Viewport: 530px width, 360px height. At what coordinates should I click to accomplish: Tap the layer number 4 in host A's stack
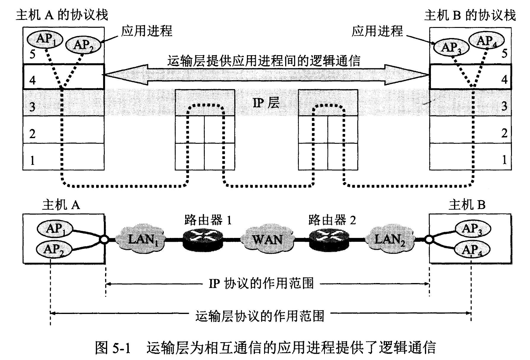tap(33, 80)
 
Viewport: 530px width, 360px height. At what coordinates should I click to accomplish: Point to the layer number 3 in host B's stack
tap(504, 106)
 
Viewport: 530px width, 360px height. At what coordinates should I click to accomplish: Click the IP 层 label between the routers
tap(266, 103)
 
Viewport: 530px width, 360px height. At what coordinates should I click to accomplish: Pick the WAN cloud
tap(266, 239)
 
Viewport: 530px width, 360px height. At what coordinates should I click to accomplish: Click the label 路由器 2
tap(332, 220)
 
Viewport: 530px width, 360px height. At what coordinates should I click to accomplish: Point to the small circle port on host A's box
tap(104, 239)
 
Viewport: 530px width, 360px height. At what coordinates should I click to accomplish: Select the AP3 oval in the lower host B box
tap(472, 229)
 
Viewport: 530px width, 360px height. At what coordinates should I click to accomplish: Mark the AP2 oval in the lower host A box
tap(54, 249)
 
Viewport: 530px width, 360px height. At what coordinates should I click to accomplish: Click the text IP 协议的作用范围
tap(261, 284)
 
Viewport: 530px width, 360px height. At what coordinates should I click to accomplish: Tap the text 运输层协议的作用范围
tap(260, 316)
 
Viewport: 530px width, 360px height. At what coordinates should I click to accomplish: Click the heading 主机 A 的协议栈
tap(62, 15)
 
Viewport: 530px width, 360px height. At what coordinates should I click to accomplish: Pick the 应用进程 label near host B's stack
tap(377, 31)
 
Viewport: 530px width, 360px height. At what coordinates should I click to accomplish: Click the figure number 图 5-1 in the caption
tap(113, 348)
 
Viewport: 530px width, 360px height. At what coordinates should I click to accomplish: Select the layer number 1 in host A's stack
tap(33, 161)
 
